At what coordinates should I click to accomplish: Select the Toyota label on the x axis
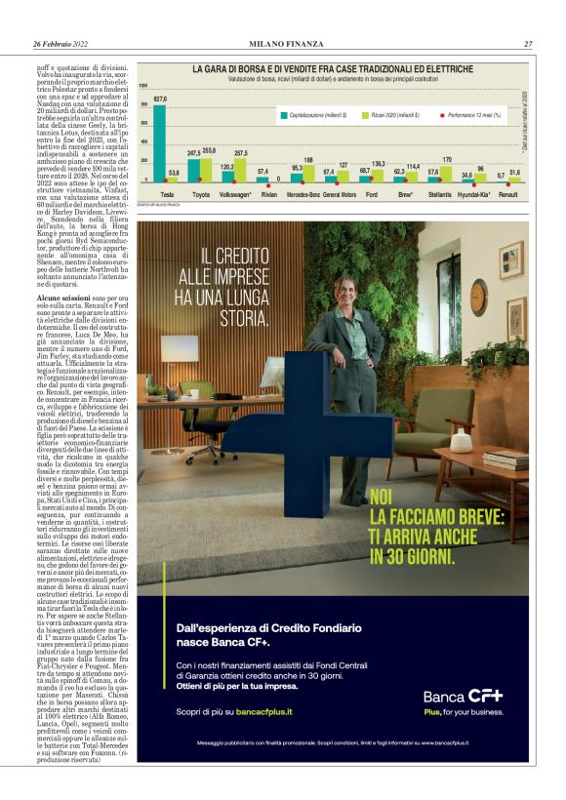[201, 195]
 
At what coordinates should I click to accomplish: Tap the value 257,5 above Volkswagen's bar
[241, 153]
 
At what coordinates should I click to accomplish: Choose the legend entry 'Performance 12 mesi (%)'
[474, 115]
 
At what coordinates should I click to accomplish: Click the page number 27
[527, 44]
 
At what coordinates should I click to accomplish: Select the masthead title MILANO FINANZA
[283, 44]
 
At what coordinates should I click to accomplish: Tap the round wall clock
[478, 297]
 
